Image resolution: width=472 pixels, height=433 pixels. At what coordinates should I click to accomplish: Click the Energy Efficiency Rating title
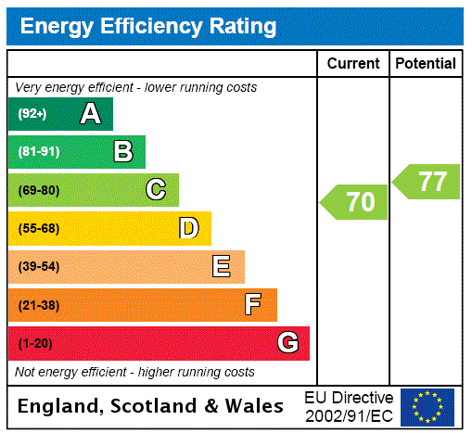pyautogui.click(x=148, y=26)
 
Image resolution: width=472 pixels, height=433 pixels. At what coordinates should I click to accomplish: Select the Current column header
pyautogui.click(x=353, y=64)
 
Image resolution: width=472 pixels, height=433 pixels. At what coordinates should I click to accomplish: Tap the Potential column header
pyautogui.click(x=426, y=64)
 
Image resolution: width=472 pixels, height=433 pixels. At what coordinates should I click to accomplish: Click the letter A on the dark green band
pyautogui.click(x=90, y=114)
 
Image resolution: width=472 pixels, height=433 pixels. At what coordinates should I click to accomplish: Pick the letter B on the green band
pyautogui.click(x=123, y=152)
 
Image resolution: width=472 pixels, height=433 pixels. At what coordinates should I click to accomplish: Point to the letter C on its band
pyautogui.click(x=156, y=190)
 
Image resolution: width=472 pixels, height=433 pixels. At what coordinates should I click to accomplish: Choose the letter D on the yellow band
pyautogui.click(x=188, y=228)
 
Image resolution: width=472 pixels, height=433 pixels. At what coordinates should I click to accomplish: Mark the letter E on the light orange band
pyautogui.click(x=222, y=267)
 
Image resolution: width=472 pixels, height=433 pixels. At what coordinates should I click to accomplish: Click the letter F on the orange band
pyautogui.click(x=252, y=304)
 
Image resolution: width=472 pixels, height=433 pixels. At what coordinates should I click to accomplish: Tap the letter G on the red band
pyautogui.click(x=287, y=343)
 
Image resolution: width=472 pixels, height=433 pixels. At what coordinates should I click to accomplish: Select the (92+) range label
pyautogui.click(x=32, y=114)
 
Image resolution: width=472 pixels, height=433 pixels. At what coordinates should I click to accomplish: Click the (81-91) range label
pyautogui.click(x=38, y=152)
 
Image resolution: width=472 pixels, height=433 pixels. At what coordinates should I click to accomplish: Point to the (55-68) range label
pyautogui.click(x=38, y=228)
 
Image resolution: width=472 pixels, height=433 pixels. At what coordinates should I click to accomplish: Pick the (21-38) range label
pyautogui.click(x=38, y=305)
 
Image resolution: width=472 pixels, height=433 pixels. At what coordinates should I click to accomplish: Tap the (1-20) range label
pyautogui.click(x=35, y=343)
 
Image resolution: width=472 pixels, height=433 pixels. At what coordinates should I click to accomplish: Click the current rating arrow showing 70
pyautogui.click(x=355, y=202)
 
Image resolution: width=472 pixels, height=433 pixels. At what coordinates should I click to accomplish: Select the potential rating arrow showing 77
pyautogui.click(x=427, y=181)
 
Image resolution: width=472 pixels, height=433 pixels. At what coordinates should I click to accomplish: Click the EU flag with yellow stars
pyautogui.click(x=427, y=407)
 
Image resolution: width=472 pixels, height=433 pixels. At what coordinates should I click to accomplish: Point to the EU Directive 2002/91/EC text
pyautogui.click(x=349, y=406)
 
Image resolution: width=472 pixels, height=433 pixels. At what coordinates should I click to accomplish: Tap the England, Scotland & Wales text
pyautogui.click(x=151, y=406)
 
